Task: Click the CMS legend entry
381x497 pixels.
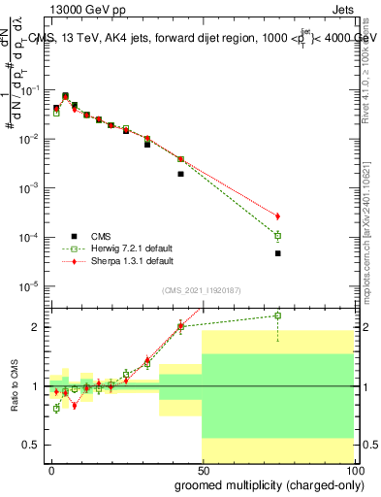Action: tap(100, 235)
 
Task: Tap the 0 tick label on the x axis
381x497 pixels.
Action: tap(52, 469)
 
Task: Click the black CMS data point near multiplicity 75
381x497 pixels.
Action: tap(277, 253)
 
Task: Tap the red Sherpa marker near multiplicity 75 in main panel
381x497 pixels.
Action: tap(277, 215)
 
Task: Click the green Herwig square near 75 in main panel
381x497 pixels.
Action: tap(277, 236)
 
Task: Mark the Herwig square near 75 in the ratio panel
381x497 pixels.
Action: tap(277, 315)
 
